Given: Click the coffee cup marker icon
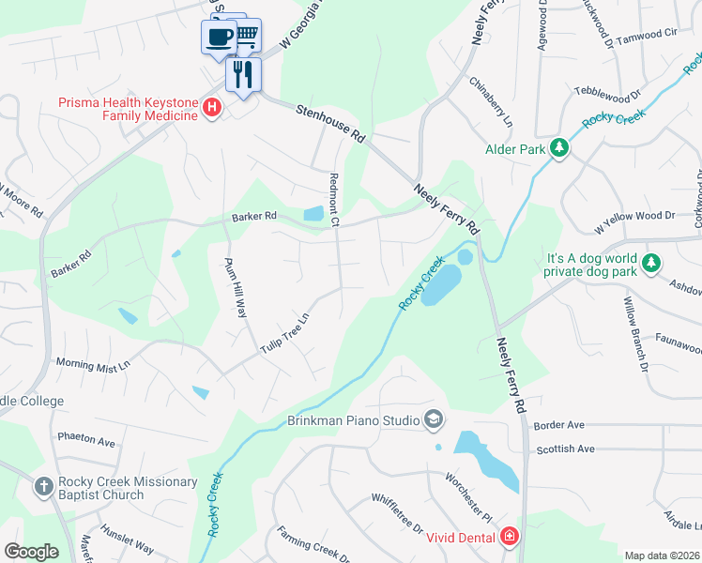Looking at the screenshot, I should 219,38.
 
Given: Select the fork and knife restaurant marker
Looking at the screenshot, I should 243,72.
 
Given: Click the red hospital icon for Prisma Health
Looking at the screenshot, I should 212,108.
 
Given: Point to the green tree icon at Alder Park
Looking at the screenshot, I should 559,148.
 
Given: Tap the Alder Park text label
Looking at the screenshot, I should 515,149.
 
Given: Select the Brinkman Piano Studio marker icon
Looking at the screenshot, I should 433,419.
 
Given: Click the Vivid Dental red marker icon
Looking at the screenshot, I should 510,538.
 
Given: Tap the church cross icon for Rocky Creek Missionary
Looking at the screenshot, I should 43,488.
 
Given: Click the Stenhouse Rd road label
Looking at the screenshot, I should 329,124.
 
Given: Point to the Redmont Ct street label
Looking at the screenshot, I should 333,198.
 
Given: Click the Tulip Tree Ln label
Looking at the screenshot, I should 285,333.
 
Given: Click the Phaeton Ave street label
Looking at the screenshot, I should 85,441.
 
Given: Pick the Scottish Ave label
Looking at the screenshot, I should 566,449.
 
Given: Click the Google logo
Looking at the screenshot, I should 32,552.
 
